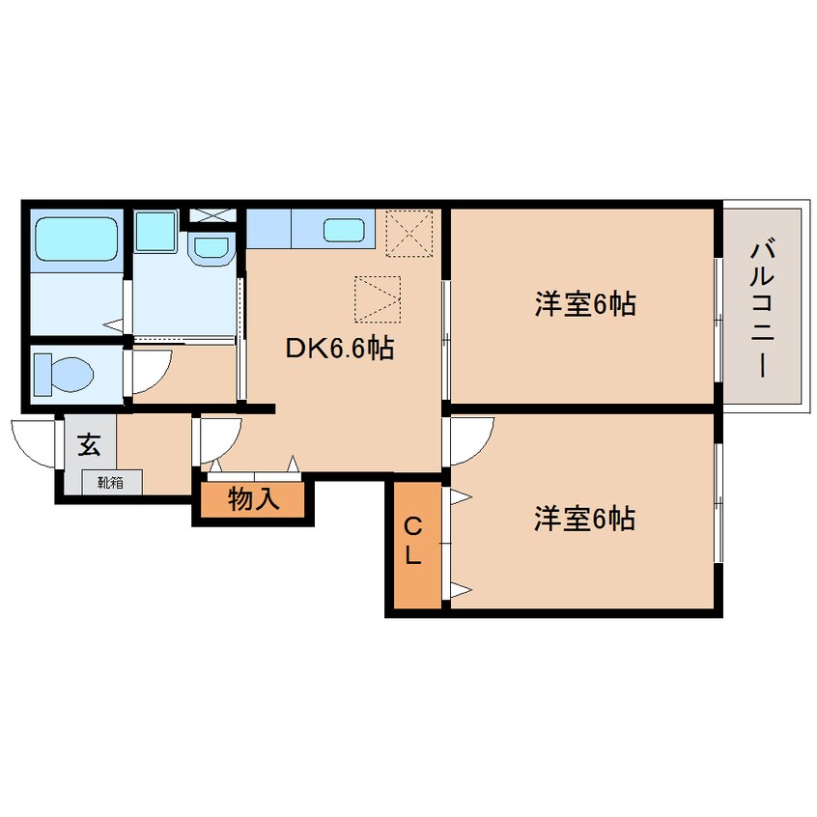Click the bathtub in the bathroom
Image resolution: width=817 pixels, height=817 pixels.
[76, 239]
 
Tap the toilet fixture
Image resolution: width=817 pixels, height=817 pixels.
[63, 374]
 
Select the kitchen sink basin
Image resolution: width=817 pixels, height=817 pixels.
[344, 230]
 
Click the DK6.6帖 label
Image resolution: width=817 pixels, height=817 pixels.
[340, 348]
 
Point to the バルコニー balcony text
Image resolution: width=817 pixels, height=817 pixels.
[761, 309]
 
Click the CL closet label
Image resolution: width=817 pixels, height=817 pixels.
[412, 542]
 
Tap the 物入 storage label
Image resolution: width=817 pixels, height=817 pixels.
[254, 498]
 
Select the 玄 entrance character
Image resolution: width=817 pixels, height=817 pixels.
[89, 444]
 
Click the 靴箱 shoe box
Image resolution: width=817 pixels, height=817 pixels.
[111, 483]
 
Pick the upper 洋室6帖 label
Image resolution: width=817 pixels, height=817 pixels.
[584, 304]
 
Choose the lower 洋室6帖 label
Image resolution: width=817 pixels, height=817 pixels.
[584, 519]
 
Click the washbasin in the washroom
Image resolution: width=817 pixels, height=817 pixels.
[211, 249]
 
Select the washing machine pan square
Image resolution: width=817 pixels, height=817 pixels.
[155, 232]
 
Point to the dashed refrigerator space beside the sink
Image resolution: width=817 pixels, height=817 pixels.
[409, 234]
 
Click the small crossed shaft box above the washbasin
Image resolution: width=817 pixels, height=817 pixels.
[211, 215]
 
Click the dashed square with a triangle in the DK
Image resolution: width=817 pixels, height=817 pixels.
[378, 299]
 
